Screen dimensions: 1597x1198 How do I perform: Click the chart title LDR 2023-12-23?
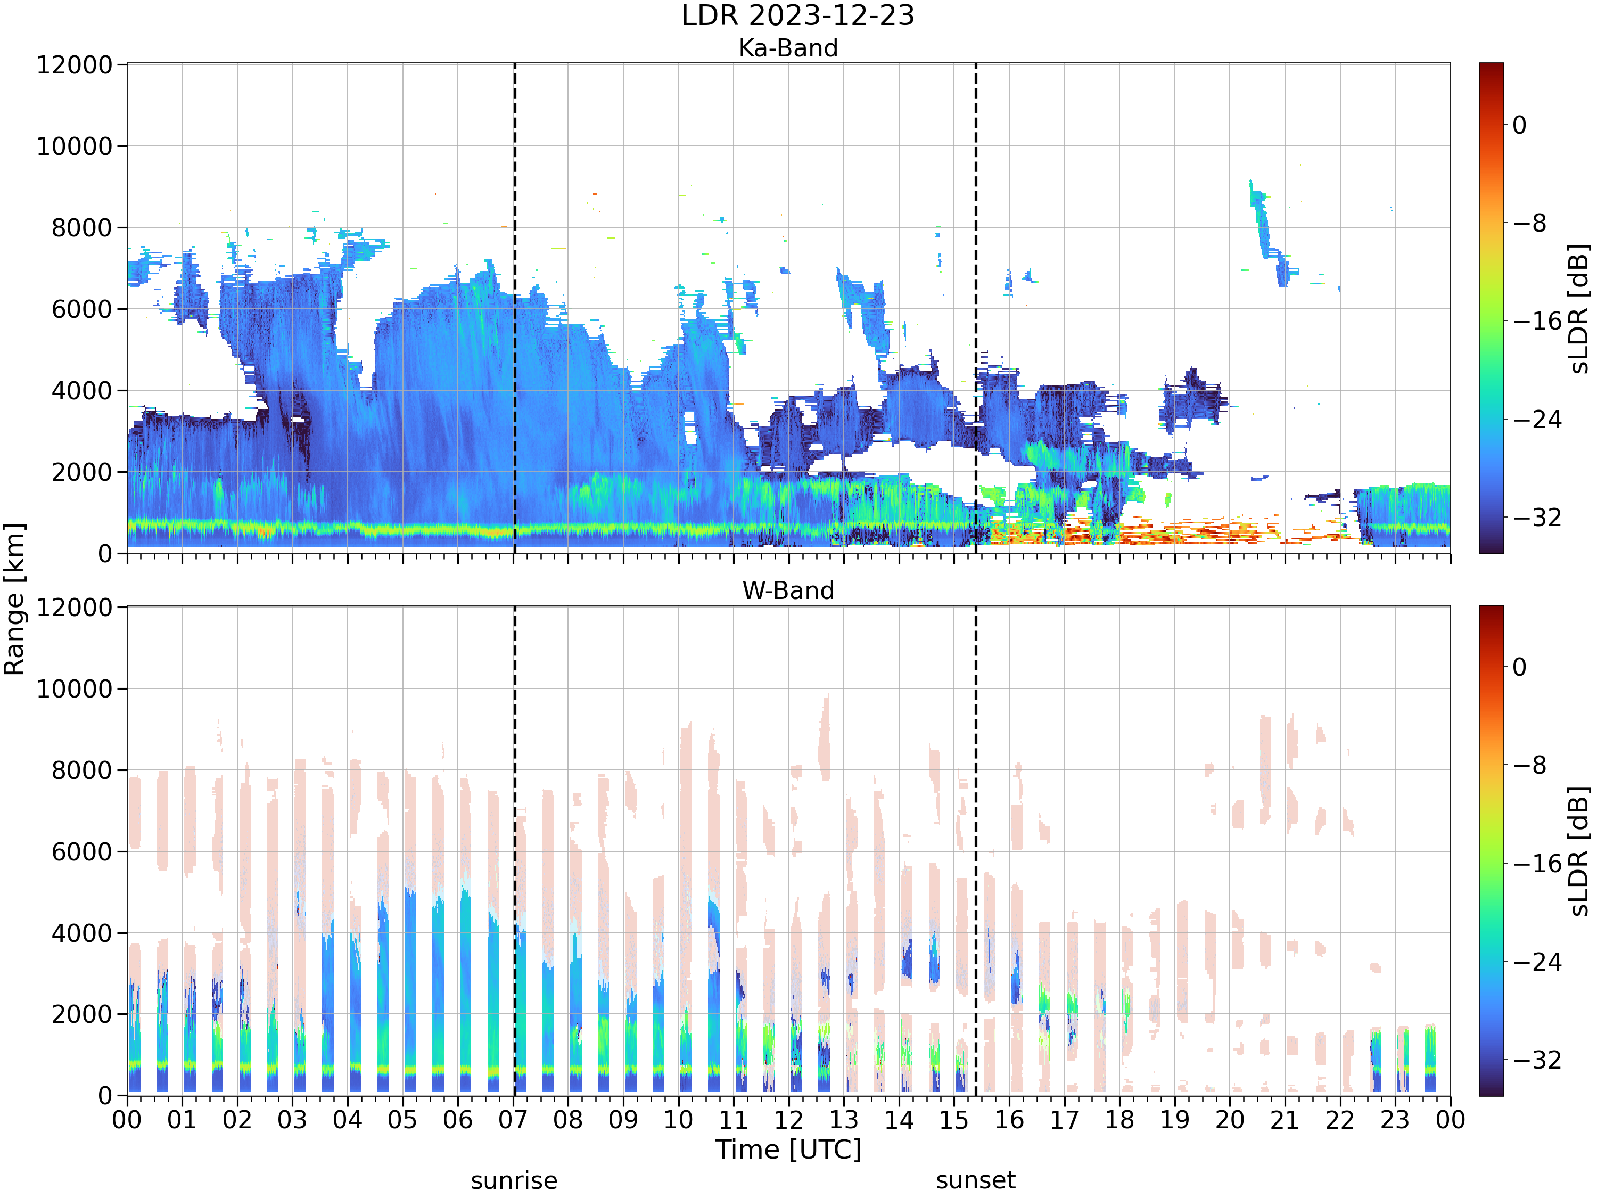point(798,15)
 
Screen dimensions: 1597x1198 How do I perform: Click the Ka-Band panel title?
point(788,48)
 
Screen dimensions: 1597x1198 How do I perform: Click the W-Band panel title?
point(788,590)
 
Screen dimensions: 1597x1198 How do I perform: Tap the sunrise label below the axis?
point(514,1180)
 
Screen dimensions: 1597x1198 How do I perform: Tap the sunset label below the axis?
point(975,1180)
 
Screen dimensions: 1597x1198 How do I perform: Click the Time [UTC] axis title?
point(788,1150)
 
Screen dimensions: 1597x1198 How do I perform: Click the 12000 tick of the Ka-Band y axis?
point(75,65)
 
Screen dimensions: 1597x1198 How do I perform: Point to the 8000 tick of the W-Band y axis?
point(83,770)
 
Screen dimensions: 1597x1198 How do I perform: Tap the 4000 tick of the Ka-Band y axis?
point(83,391)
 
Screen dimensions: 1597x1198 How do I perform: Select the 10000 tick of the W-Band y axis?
point(75,689)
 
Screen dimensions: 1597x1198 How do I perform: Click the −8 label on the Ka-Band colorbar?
point(1530,223)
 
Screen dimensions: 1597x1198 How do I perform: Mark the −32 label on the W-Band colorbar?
point(1537,1060)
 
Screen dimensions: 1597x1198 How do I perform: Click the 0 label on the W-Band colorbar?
point(1520,667)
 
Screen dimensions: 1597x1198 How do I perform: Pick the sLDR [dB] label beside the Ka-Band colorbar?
point(1579,308)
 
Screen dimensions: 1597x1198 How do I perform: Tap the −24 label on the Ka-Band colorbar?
point(1537,420)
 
